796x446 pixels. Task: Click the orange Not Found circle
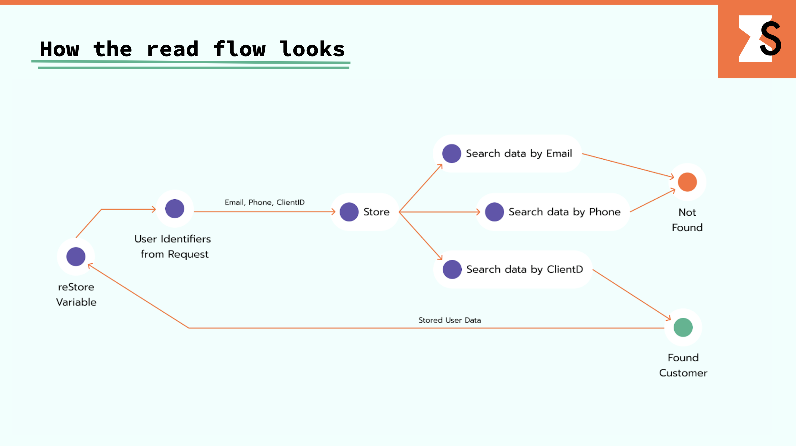[x=687, y=182]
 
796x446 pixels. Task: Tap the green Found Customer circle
[x=683, y=328]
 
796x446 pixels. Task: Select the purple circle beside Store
[x=349, y=212]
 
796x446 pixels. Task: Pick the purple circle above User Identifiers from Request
[x=175, y=208]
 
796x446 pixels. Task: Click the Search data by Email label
[x=519, y=154]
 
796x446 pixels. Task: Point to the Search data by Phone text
[x=564, y=212]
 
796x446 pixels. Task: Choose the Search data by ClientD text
[x=525, y=269]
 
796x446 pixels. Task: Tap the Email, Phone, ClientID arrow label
[x=265, y=202]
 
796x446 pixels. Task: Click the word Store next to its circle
[x=376, y=212]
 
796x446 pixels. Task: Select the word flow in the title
[x=240, y=49]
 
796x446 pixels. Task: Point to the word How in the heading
[x=60, y=49]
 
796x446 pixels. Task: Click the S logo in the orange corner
[x=760, y=39]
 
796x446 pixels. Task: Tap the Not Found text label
[x=687, y=220]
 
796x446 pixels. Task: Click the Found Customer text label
[x=683, y=365]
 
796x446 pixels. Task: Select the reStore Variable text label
[x=76, y=294]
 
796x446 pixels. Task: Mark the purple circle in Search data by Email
[x=451, y=154]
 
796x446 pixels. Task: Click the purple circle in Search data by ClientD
[x=452, y=269]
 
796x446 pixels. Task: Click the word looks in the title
[x=312, y=49]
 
